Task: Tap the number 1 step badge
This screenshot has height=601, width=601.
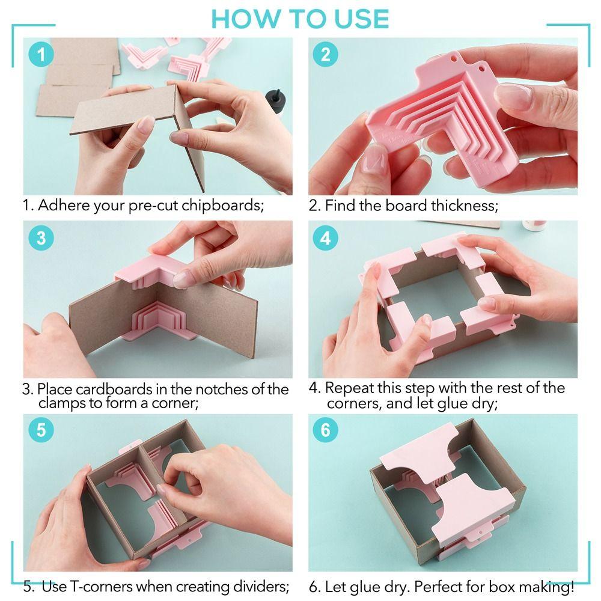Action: coord(41,55)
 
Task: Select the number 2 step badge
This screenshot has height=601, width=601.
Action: coord(325,55)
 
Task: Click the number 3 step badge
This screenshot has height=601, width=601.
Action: coord(41,237)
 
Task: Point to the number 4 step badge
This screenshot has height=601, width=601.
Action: coord(325,238)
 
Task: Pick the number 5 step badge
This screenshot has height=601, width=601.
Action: coord(41,430)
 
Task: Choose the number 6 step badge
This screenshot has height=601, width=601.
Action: coord(325,430)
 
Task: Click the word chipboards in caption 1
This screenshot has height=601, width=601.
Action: coord(225,206)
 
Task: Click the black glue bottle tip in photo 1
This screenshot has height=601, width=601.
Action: coord(277,96)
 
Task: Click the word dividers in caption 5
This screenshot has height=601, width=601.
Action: coord(260,585)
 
